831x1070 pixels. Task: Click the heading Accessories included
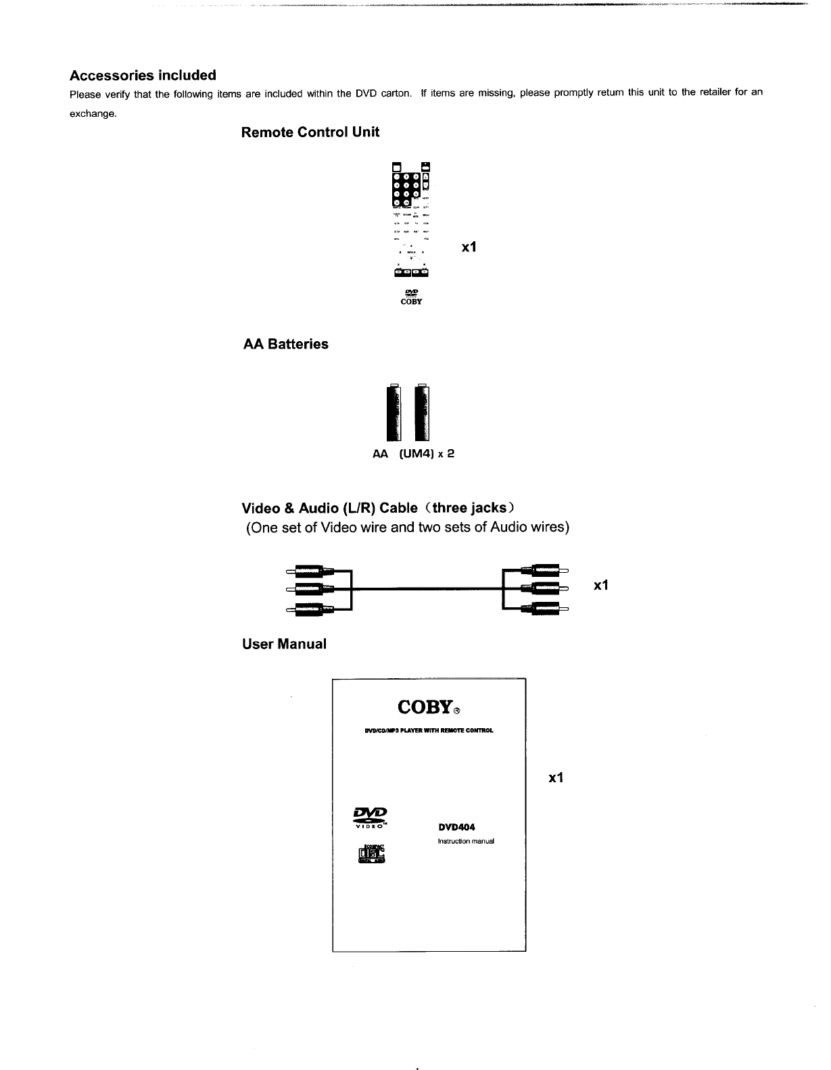click(x=143, y=75)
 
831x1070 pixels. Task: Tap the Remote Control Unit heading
click(x=310, y=132)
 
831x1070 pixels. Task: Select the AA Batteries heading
click(x=285, y=345)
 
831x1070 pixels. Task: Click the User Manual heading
click(x=284, y=644)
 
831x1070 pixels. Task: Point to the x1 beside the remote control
click(x=469, y=248)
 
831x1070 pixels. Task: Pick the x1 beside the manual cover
click(x=556, y=778)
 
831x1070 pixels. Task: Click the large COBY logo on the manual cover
click(x=425, y=707)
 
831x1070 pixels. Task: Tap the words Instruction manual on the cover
click(x=467, y=842)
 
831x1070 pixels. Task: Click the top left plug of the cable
click(x=308, y=571)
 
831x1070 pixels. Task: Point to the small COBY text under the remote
click(x=412, y=302)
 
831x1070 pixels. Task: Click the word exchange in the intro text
click(x=93, y=113)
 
